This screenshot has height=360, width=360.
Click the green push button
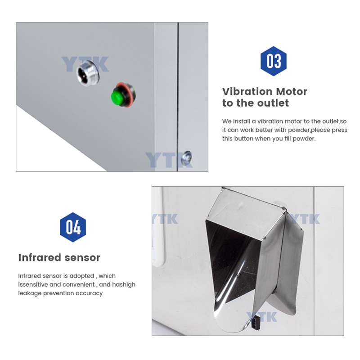pos(119,95)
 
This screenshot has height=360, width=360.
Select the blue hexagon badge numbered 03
pos(274,61)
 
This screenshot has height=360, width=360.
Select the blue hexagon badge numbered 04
pos(73,227)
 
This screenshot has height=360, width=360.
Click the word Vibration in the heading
pos(247,91)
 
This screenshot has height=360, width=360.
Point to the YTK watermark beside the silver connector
pos(85,64)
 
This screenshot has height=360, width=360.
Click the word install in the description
pos(242,121)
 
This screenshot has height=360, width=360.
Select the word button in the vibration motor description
pos(243,139)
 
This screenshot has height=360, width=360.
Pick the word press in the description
pos(340,130)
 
